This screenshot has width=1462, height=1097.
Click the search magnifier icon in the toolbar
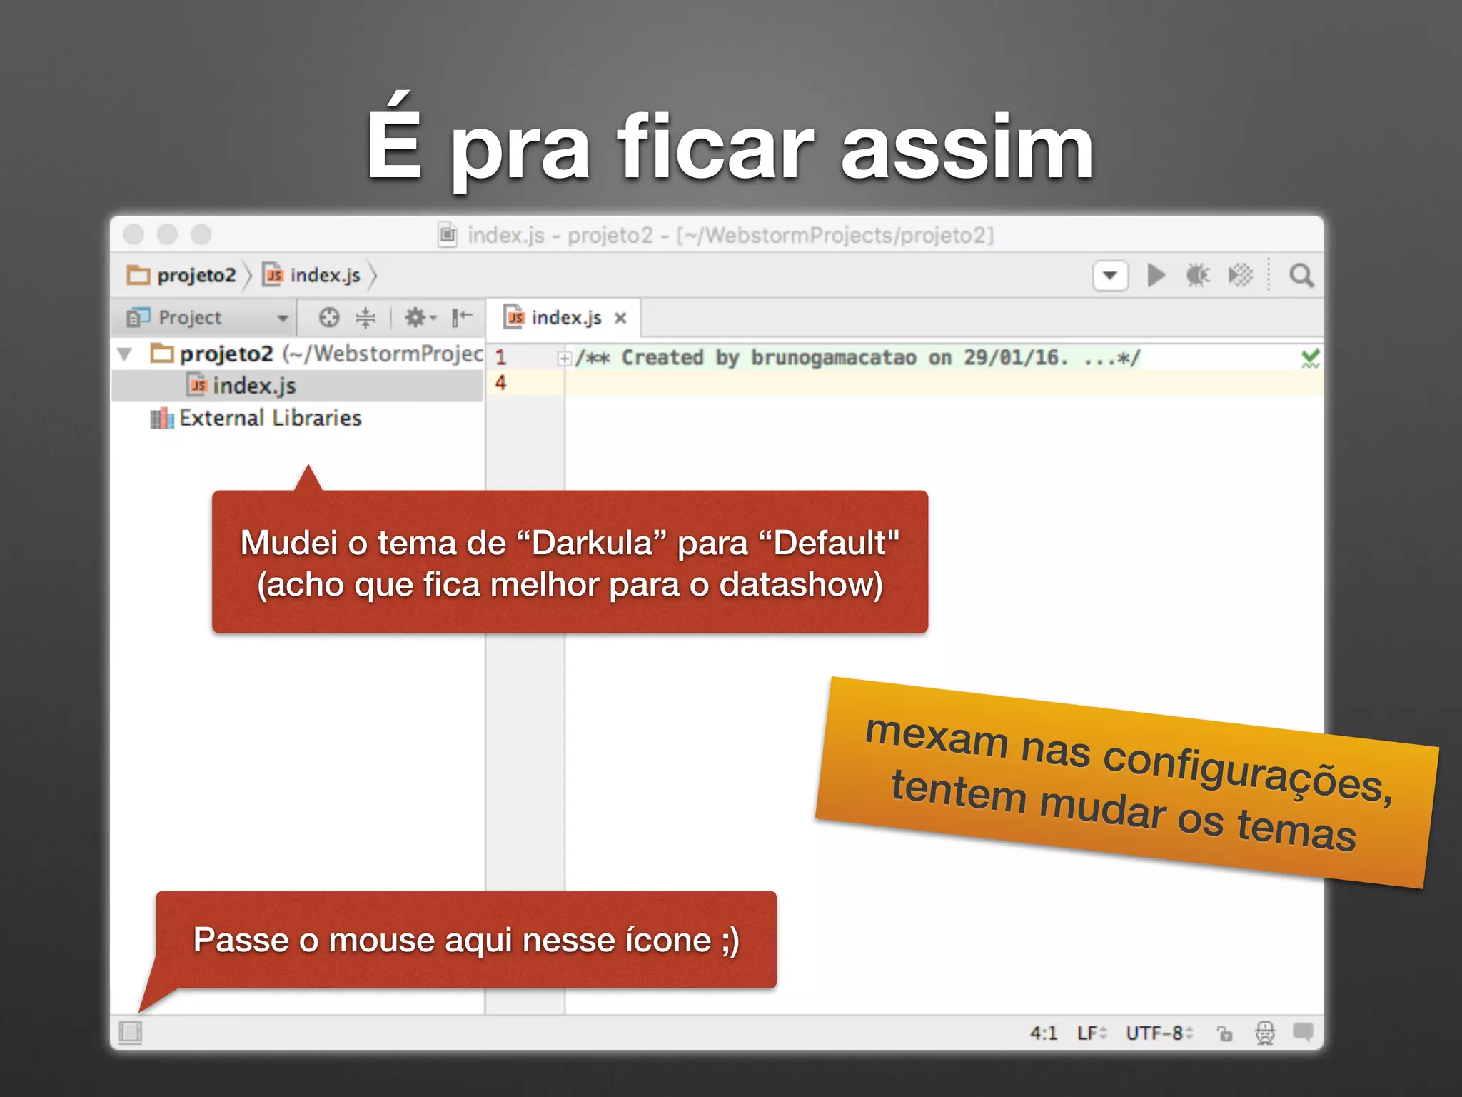(1301, 276)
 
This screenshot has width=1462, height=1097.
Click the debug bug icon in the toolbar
(1197, 275)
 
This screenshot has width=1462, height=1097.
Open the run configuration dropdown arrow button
(1110, 276)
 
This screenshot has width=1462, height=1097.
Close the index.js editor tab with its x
(620, 318)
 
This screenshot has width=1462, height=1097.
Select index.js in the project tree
(253, 386)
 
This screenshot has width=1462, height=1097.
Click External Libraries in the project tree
(270, 418)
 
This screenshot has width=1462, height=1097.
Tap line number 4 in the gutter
(500, 383)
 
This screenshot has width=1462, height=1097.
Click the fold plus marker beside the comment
(565, 359)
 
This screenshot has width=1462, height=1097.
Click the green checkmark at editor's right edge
(1310, 358)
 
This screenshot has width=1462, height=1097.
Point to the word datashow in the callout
(800, 585)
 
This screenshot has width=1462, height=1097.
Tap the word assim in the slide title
(967, 149)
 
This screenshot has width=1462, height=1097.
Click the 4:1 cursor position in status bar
(1043, 1033)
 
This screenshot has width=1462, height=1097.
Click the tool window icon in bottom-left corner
(130, 1032)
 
